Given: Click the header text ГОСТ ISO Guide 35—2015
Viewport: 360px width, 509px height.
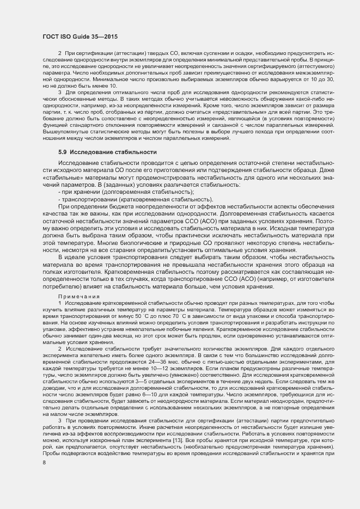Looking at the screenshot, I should (80, 36).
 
